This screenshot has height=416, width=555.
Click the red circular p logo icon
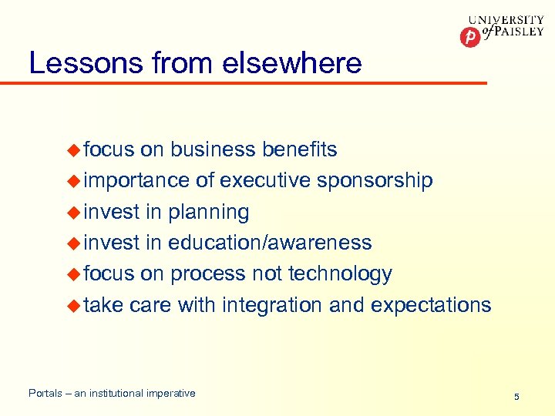coord(469,36)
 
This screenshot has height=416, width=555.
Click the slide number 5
coord(516,397)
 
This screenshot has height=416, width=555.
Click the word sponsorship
coord(375,181)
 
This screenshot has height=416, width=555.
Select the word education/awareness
coord(270,243)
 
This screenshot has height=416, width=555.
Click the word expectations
coord(430,306)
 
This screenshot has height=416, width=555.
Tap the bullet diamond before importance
coord(73,181)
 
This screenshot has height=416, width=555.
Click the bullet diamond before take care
coord(73,305)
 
